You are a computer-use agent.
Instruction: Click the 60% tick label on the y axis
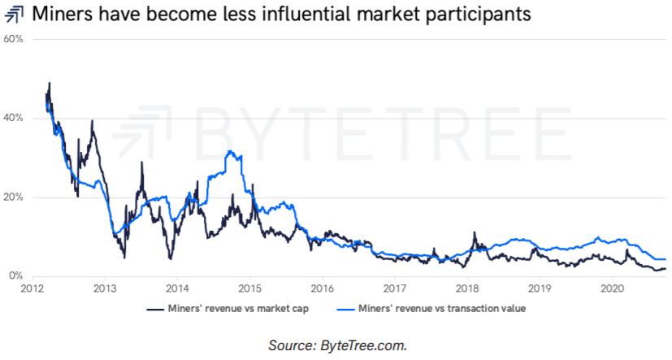[15, 39]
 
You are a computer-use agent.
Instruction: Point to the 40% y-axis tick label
[15, 118]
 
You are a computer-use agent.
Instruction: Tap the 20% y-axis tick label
[15, 197]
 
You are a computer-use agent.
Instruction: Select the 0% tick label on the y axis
[17, 276]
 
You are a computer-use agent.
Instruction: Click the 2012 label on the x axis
[33, 288]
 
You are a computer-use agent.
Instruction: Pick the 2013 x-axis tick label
[104, 288]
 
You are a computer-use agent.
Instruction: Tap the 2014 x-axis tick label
[177, 288]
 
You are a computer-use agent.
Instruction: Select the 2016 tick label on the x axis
[323, 288]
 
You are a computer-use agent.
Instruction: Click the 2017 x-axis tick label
[396, 288]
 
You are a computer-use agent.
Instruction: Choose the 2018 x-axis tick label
[467, 288]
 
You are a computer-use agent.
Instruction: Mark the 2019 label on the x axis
[540, 288]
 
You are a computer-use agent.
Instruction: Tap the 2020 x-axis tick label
[613, 288]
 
